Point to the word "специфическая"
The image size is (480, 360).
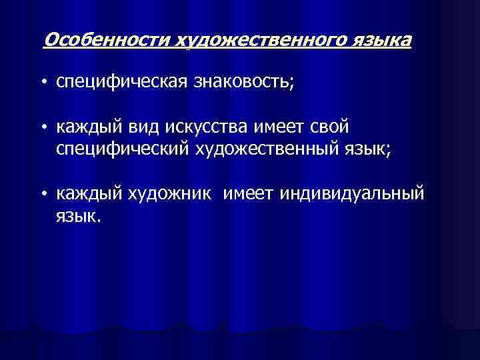[x=123, y=82]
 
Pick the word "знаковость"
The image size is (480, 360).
[x=243, y=82]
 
